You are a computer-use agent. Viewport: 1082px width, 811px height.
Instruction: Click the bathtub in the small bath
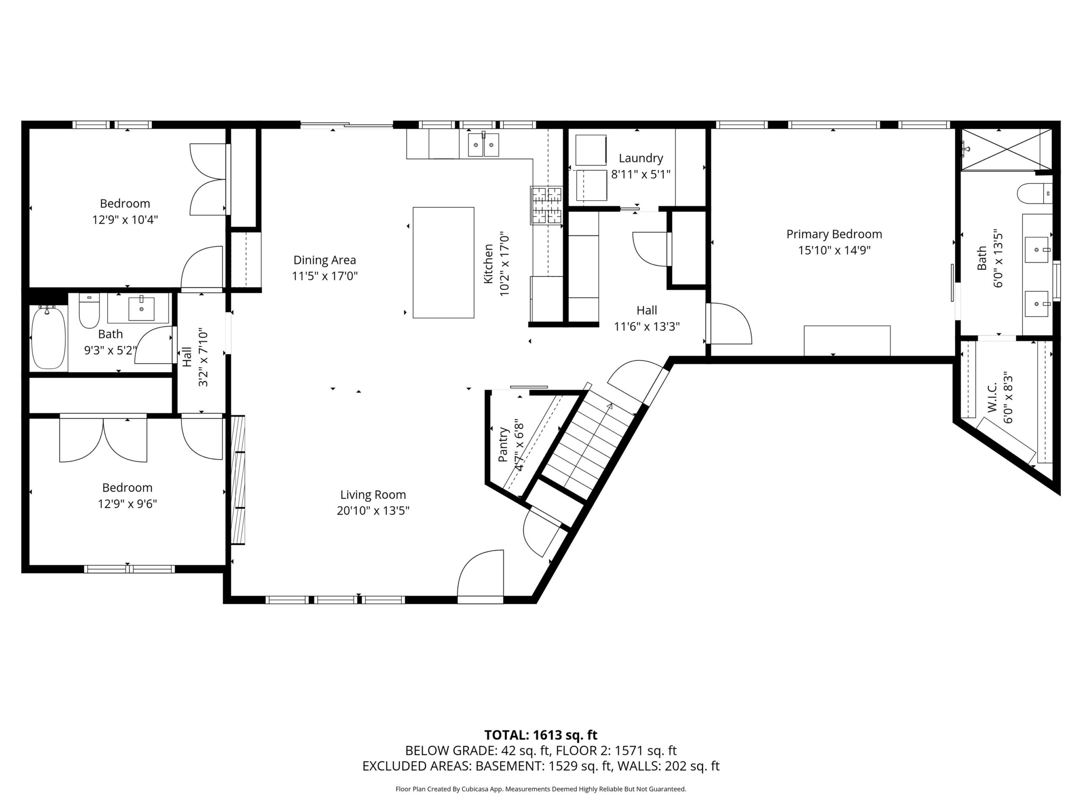click(x=49, y=337)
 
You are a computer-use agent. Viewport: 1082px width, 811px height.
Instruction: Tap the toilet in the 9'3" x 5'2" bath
click(x=89, y=310)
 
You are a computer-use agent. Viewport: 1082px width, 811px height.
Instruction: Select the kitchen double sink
click(x=483, y=145)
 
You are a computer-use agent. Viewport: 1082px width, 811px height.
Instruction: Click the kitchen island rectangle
click(x=443, y=262)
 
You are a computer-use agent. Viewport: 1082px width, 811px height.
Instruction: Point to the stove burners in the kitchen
click(x=547, y=206)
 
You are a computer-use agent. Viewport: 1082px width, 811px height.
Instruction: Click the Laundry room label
click(x=641, y=158)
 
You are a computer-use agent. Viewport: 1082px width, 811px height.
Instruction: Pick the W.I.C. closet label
click(x=992, y=397)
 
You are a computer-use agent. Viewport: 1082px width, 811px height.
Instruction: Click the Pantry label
click(x=503, y=444)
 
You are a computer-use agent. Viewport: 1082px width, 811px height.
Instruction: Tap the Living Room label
click(x=373, y=495)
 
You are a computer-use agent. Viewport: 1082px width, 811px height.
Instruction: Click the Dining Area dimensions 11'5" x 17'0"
click(x=325, y=276)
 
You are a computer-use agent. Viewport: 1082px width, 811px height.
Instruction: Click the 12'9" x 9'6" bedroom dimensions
click(x=127, y=503)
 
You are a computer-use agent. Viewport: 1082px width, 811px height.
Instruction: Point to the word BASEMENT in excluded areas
click(x=509, y=766)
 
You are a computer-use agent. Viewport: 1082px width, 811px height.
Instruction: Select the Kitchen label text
click(x=488, y=264)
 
